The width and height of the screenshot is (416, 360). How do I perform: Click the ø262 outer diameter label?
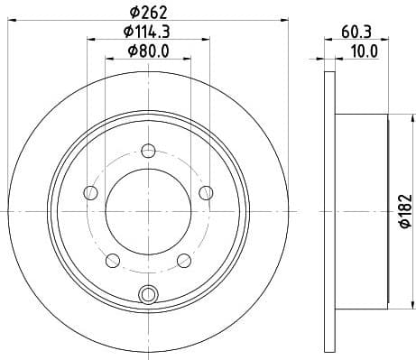point(149,11)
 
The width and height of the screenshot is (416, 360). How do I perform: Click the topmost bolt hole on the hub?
point(149,152)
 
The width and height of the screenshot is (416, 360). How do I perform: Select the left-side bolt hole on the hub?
point(90,192)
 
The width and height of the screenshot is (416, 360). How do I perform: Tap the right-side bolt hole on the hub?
point(207,191)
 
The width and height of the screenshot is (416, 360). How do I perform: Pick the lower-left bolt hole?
point(113,261)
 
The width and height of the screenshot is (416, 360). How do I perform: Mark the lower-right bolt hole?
point(185,261)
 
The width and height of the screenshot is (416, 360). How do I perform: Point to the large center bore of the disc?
point(149,208)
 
